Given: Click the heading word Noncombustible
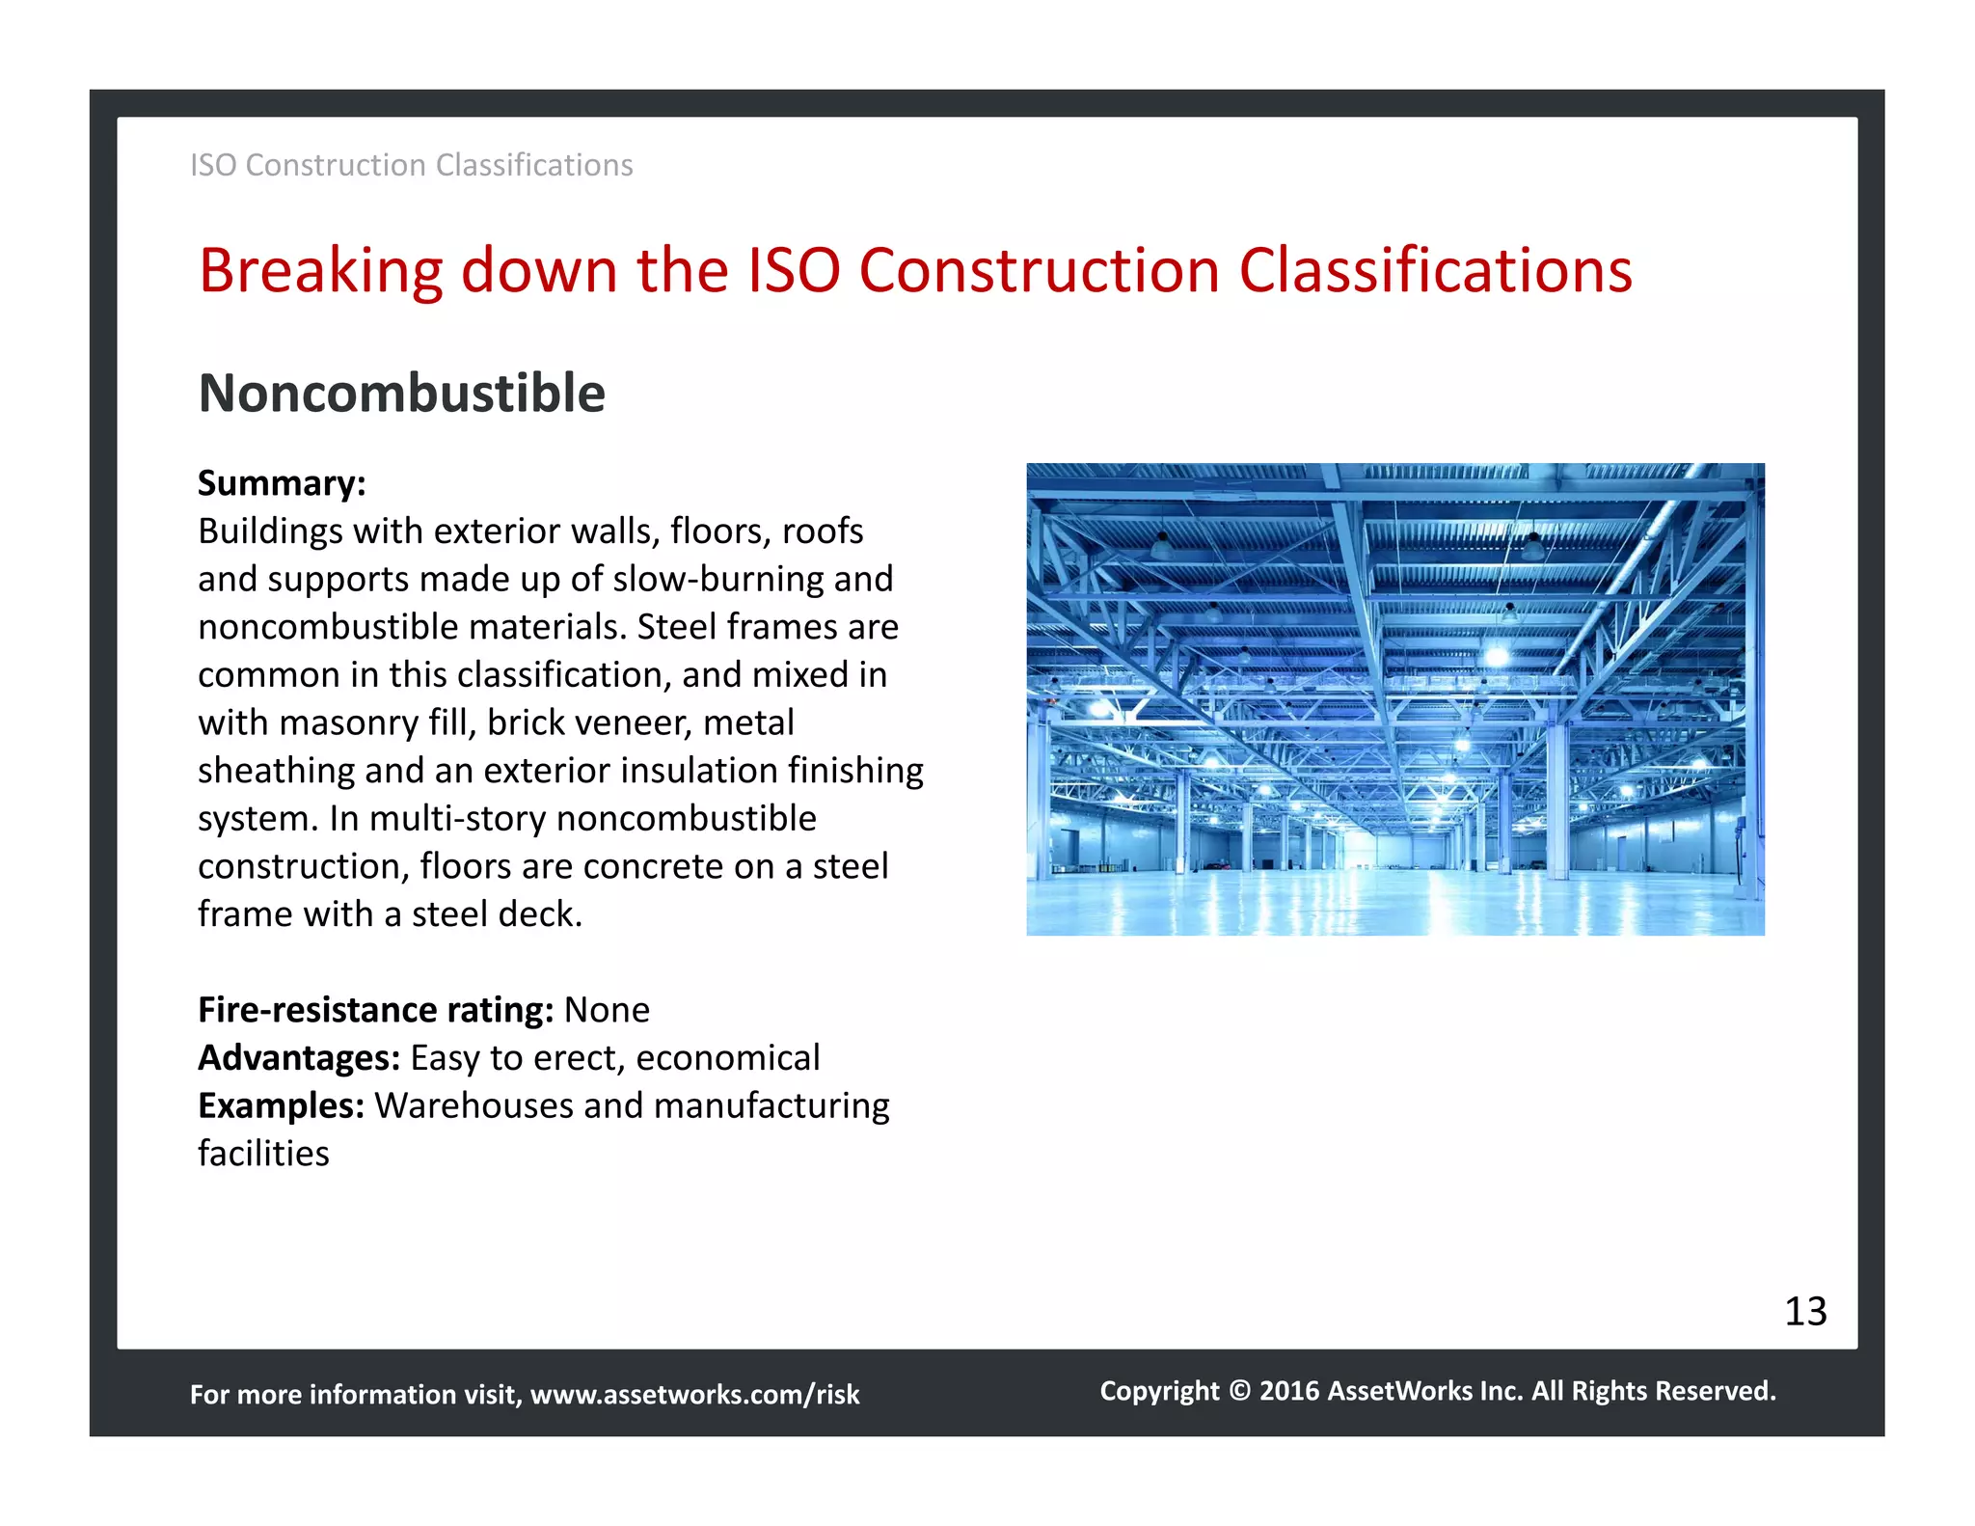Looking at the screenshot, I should pyautogui.click(x=401, y=394).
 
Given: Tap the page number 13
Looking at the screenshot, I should pyautogui.click(x=1805, y=1312).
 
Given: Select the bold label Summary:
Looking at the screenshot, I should pyautogui.click(x=282, y=483).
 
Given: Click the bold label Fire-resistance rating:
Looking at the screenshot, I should pyautogui.click(x=375, y=1010).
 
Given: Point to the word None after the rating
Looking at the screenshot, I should pyautogui.click(x=607, y=1010).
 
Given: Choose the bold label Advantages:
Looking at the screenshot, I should pyautogui.click(x=299, y=1058).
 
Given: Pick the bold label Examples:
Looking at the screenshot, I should pyautogui.click(x=281, y=1105).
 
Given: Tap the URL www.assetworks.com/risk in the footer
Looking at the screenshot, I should pyautogui.click(x=694, y=1395).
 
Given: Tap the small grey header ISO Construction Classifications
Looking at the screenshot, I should pyautogui.click(x=411, y=166).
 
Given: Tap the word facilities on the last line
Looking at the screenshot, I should pyautogui.click(x=263, y=1154).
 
